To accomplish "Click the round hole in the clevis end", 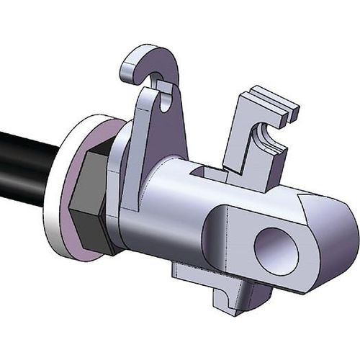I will [x=278, y=250].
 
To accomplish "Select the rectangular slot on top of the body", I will [x=210, y=171].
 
